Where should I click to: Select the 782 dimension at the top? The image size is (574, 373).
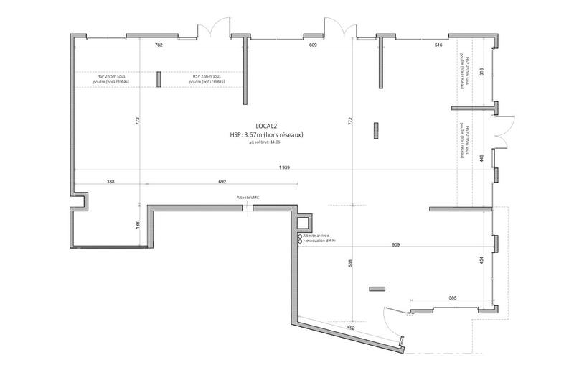(159, 45)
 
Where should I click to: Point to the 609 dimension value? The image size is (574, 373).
(313, 45)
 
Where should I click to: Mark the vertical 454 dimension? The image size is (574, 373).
(481, 262)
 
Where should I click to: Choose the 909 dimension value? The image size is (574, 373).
(396, 245)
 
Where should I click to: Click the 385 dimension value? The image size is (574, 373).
(453, 297)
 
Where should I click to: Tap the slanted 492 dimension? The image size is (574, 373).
(352, 328)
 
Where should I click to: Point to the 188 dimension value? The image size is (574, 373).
(137, 225)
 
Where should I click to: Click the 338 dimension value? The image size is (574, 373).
(110, 182)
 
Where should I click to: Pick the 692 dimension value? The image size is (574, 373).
(222, 182)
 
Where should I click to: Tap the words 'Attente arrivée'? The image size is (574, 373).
(316, 236)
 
